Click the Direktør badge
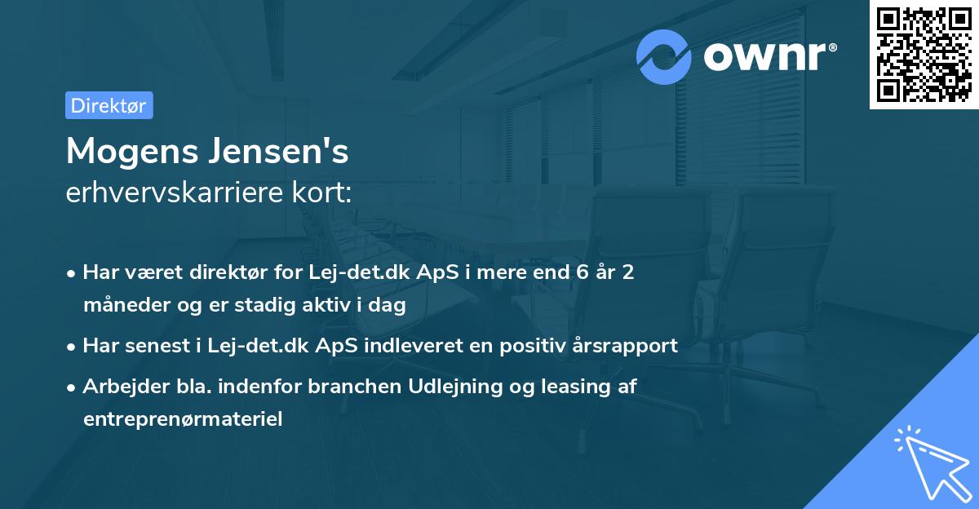point(109,105)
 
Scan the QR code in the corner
point(924,54)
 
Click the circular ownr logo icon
point(664,55)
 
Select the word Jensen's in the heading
point(276,152)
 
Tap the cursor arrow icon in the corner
point(929,461)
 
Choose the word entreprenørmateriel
point(183,420)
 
